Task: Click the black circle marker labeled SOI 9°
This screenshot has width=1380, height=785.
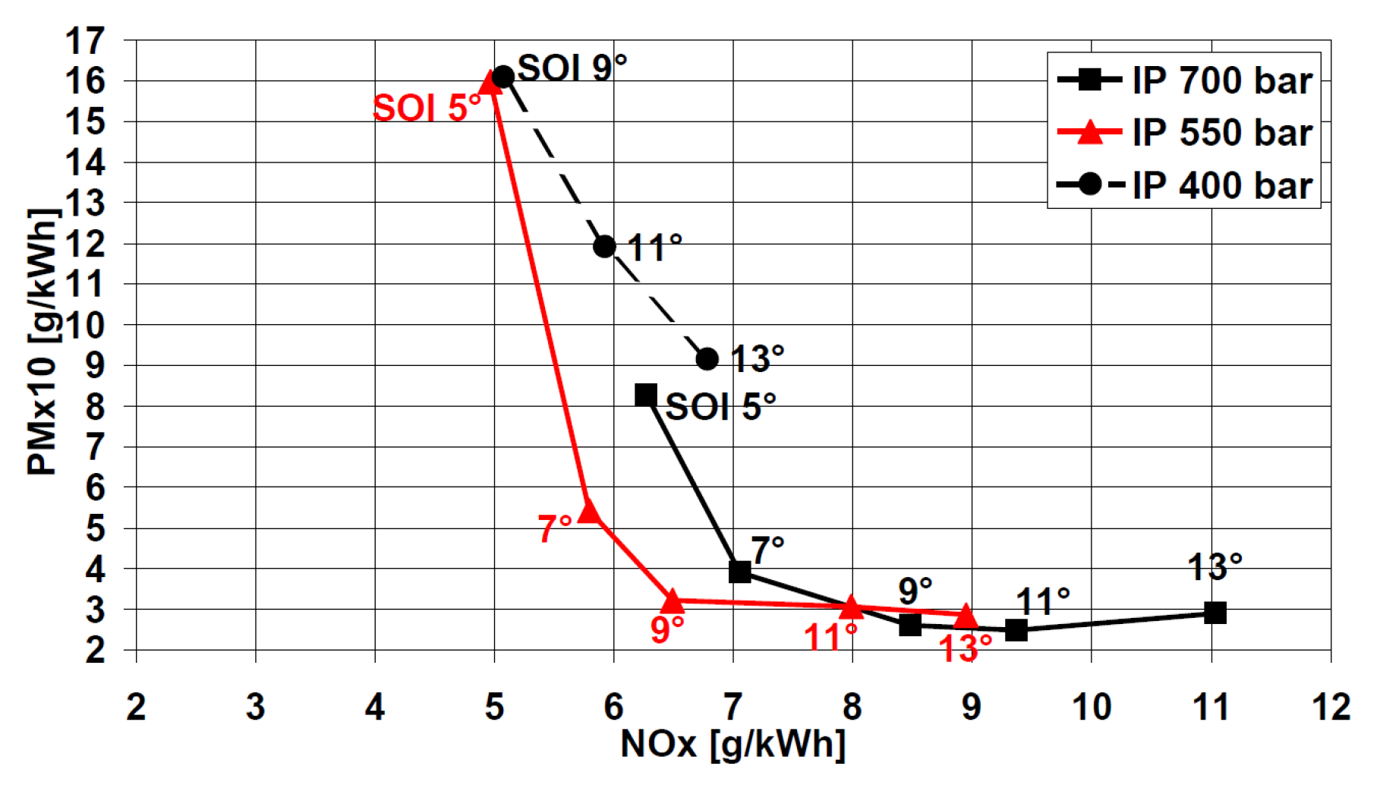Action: point(503,77)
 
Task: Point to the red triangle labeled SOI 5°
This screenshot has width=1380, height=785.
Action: point(491,82)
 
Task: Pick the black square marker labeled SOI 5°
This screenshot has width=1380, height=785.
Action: point(646,395)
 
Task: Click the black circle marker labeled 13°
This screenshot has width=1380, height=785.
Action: point(707,359)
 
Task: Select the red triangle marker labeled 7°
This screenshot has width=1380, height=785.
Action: point(589,512)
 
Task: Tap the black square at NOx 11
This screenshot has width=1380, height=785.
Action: point(1215,613)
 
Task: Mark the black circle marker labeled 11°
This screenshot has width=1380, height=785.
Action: point(604,246)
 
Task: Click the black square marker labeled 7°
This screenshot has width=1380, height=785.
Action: point(739,572)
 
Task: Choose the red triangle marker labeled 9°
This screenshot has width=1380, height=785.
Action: point(673,602)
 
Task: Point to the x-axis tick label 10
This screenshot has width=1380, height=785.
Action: point(1091,708)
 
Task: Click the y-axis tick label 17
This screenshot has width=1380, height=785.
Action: point(85,41)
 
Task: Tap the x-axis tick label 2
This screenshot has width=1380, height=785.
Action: point(136,708)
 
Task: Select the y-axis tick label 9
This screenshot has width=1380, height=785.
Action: point(95,366)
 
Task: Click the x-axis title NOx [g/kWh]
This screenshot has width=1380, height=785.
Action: point(733,745)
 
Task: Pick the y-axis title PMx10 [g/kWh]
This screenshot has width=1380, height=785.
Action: point(43,342)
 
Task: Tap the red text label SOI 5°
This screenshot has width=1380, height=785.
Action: point(427,108)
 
